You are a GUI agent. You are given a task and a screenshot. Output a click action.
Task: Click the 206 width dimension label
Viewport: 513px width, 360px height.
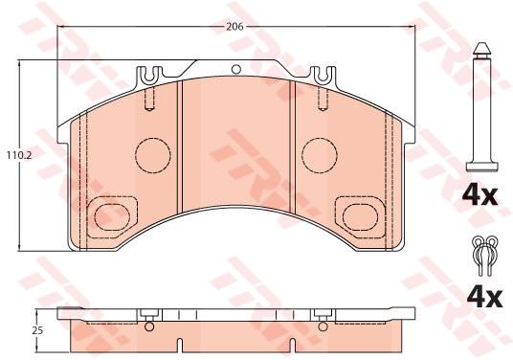point(234,27)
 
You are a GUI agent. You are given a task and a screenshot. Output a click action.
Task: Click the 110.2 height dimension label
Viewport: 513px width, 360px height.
point(19,156)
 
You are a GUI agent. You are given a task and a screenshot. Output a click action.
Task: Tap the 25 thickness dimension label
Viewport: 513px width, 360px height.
point(37,330)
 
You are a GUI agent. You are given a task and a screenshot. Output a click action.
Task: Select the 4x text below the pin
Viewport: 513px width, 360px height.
point(480,195)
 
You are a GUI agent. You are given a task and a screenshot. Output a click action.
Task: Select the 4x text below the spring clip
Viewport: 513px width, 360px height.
point(484,298)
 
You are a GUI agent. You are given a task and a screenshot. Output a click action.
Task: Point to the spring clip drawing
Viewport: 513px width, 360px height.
point(485,256)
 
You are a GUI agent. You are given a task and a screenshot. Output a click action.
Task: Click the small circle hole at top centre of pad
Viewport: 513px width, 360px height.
point(235,69)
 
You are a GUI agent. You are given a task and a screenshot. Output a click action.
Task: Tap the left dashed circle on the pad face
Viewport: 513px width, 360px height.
point(153,155)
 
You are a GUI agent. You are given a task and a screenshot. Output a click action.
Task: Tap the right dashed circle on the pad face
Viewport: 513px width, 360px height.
point(320,155)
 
